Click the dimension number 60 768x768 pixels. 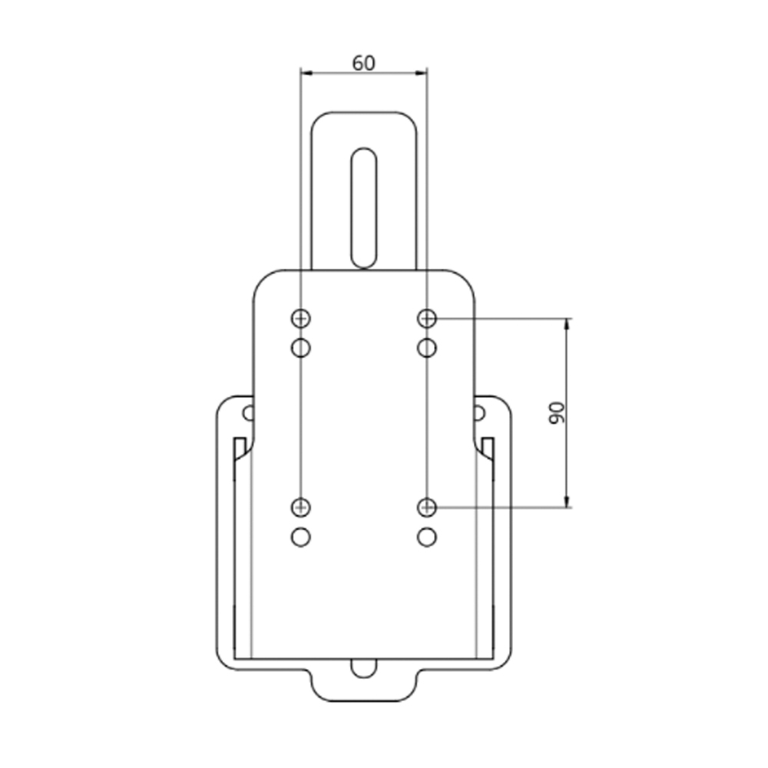click(x=363, y=63)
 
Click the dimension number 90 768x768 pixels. click(x=557, y=412)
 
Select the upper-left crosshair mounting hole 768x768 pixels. click(x=300, y=317)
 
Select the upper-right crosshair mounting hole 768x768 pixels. click(x=427, y=317)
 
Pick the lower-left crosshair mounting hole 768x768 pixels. click(x=300, y=507)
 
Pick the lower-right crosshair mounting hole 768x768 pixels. click(x=427, y=507)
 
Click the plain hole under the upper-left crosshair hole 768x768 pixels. click(x=300, y=348)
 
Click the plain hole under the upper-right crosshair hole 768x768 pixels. click(x=427, y=348)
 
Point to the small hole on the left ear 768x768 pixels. click(x=247, y=413)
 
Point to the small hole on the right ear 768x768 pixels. click(x=479, y=413)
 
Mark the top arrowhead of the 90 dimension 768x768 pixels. click(x=568, y=323)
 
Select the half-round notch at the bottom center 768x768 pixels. click(x=363, y=667)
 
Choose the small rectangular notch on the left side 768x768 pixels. click(x=239, y=446)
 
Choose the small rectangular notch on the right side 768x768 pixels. click(x=488, y=446)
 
